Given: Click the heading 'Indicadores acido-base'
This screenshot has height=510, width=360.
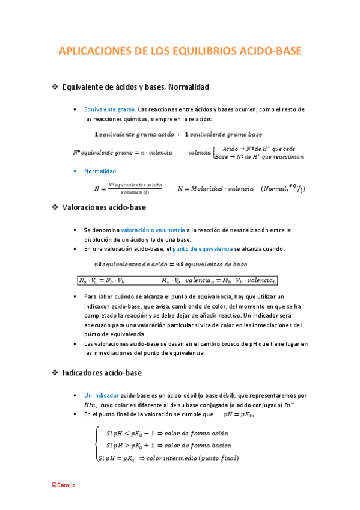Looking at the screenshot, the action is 102,373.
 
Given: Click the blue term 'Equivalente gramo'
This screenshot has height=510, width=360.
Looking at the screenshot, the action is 109,109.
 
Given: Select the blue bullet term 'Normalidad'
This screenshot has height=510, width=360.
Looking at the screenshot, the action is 100,171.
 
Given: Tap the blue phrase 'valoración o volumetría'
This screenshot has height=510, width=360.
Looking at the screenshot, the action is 153,230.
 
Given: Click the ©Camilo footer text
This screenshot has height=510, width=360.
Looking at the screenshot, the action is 63,485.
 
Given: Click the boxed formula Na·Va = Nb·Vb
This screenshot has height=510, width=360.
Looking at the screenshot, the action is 102,280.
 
